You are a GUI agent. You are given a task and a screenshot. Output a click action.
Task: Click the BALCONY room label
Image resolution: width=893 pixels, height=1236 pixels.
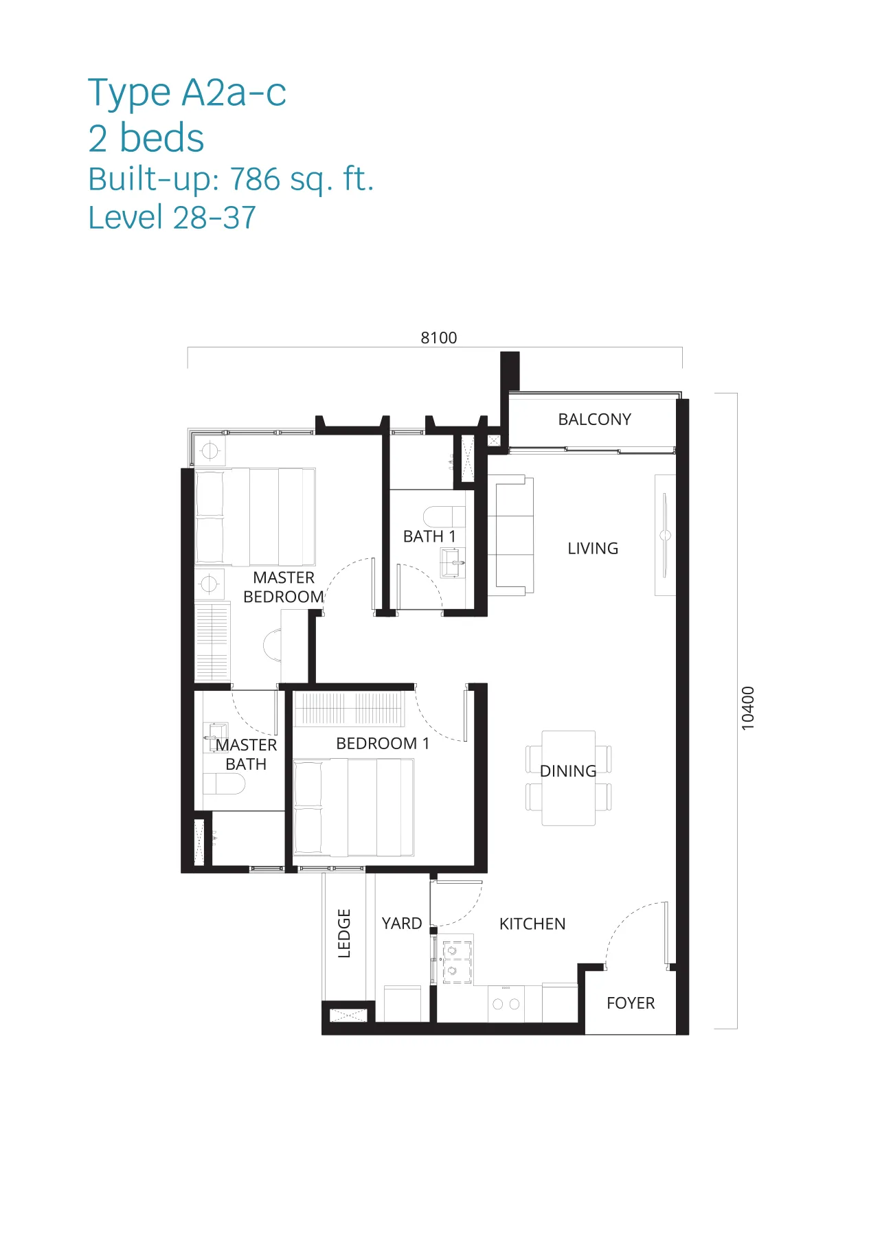click(594, 419)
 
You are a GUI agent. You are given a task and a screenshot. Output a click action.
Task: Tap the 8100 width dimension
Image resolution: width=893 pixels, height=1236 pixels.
click(438, 338)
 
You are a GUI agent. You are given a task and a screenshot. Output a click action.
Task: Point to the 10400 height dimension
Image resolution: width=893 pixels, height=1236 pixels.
click(748, 708)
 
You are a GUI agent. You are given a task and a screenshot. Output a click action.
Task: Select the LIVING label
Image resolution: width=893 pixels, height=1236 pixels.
click(593, 548)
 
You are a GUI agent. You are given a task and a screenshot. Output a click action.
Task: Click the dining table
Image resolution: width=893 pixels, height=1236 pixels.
click(568, 778)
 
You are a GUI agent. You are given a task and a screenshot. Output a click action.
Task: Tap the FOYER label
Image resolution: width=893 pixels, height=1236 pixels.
click(631, 1003)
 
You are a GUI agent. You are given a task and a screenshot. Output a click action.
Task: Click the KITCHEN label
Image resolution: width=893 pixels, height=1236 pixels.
click(532, 924)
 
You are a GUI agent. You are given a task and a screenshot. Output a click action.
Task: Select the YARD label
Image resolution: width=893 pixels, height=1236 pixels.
click(402, 923)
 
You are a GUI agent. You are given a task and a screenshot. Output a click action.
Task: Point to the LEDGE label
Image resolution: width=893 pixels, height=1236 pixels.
click(344, 933)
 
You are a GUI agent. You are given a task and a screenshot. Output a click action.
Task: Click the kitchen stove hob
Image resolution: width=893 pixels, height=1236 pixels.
click(457, 961)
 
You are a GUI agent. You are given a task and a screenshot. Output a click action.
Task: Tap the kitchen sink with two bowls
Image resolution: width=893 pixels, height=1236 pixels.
click(506, 1003)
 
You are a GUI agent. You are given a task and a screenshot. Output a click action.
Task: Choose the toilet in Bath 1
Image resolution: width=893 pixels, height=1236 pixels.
click(444, 516)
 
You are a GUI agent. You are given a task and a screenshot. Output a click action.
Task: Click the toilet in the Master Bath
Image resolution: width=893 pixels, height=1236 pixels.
click(224, 783)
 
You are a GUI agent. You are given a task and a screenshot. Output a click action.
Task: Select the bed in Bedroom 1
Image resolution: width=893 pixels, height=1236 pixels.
click(354, 808)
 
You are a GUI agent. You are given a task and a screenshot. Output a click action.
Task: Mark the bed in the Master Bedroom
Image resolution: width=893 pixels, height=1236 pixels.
click(255, 517)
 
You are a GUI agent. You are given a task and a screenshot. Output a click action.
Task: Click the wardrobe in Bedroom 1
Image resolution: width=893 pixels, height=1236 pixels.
click(349, 709)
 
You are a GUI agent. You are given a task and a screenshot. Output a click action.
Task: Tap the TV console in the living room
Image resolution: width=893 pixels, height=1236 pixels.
click(665, 535)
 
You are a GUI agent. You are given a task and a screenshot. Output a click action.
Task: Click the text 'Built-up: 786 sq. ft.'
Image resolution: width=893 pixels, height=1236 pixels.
click(231, 180)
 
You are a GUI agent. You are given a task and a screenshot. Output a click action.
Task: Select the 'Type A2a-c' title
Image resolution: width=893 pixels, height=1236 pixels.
click(187, 93)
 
